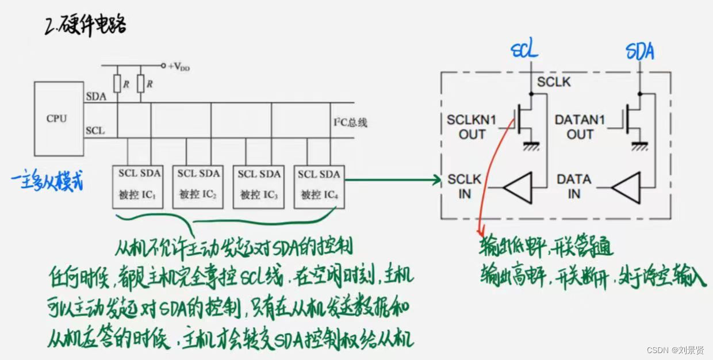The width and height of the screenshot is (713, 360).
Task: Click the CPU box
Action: pos(56,118)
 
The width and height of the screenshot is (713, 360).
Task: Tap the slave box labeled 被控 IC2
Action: pos(198,185)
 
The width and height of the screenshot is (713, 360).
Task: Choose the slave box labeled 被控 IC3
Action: pos(258,185)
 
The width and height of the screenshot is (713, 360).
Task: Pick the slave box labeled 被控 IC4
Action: pos(319,185)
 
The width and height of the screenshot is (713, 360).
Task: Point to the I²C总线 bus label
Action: pos(350,122)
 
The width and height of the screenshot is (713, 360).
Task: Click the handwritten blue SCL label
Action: pos(524,51)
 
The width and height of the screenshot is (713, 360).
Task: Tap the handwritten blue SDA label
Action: pos(639,52)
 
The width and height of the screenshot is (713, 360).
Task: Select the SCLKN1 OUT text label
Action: pos(472,127)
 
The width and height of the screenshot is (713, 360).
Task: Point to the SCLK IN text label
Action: pos(464,186)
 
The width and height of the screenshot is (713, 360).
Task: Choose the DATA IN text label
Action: pos(573,186)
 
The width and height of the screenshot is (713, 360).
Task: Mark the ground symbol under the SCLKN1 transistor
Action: pos(529,147)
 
